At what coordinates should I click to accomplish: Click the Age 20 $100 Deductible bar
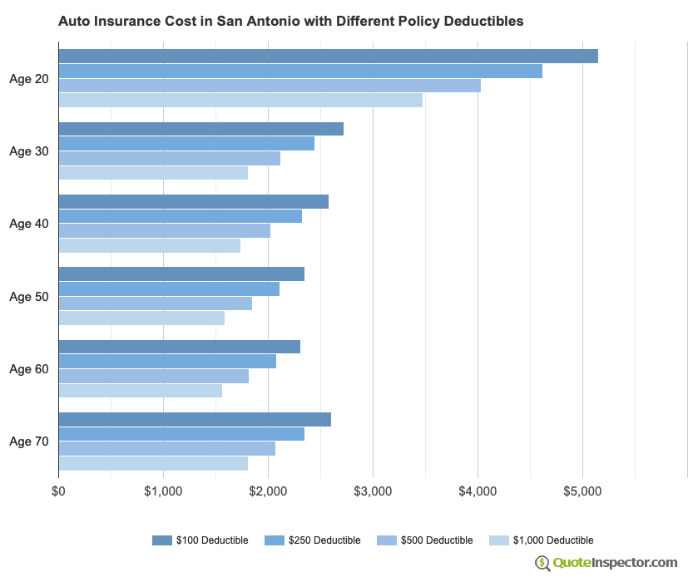(x=328, y=57)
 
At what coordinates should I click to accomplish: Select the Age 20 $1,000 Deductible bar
(x=240, y=101)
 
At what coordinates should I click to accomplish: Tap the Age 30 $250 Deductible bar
(x=186, y=144)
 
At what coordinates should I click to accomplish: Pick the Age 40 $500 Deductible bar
(x=164, y=231)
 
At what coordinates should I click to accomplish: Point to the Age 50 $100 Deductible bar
(x=181, y=274)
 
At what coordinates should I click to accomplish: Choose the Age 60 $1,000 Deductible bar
(x=140, y=391)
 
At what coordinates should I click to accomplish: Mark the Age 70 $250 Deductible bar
(x=181, y=434)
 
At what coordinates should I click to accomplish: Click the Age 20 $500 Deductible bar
(x=270, y=86)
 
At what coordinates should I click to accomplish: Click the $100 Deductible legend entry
(x=200, y=540)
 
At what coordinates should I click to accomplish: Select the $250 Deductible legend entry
(x=312, y=540)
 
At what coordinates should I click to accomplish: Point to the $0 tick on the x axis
(x=58, y=492)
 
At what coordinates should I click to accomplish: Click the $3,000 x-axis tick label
(x=373, y=492)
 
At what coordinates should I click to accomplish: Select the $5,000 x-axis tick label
(x=582, y=492)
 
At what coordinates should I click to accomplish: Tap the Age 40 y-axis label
(x=29, y=224)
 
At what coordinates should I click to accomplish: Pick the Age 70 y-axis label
(x=29, y=441)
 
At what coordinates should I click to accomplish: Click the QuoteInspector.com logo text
(x=616, y=563)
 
